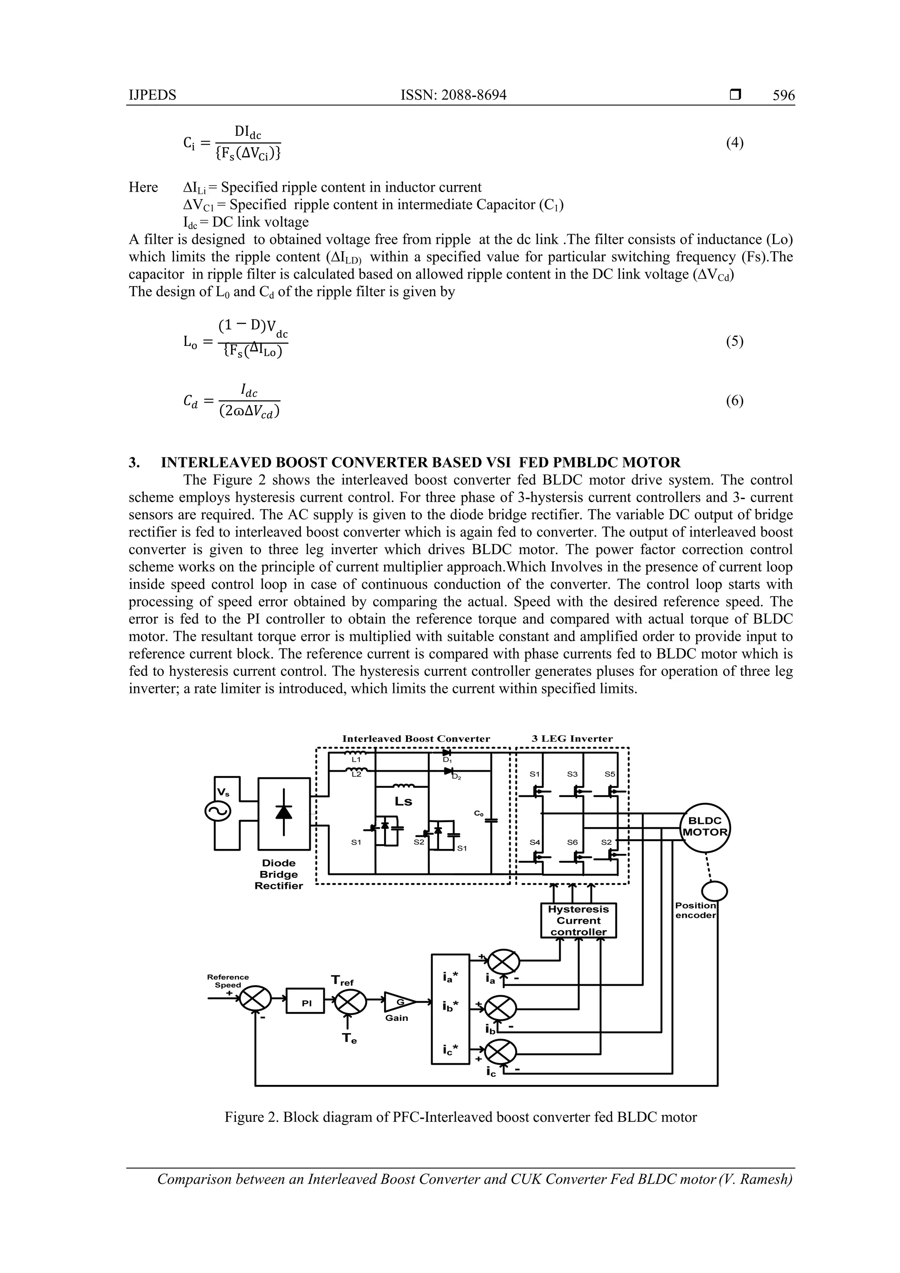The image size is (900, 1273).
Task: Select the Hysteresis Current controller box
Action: point(578,921)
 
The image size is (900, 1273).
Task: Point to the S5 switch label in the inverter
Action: point(610,774)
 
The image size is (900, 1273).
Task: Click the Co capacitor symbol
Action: point(491,820)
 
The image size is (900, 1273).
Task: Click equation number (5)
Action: point(734,341)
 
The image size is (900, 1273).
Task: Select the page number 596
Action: point(783,95)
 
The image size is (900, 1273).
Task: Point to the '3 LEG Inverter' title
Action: point(572,739)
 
